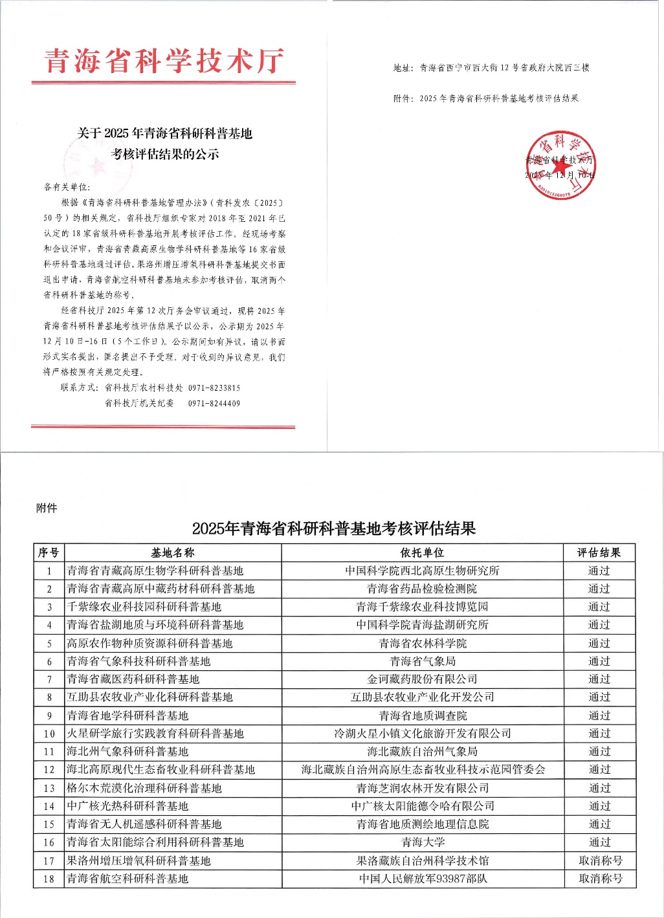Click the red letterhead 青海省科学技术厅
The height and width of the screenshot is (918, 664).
(164, 61)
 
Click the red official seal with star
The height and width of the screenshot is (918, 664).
(560, 165)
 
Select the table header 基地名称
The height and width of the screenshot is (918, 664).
(172, 552)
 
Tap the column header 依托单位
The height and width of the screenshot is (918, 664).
(422, 552)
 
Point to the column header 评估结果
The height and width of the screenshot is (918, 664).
(599, 552)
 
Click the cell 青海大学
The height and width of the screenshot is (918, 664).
(423, 842)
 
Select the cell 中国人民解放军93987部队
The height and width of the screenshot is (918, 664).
(423, 879)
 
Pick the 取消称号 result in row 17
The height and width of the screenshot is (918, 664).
(600, 860)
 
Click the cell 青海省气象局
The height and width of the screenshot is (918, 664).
(423, 661)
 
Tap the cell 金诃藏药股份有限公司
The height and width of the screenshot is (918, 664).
(423, 679)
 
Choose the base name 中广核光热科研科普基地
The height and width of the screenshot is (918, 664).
(127, 806)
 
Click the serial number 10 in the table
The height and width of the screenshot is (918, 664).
(49, 734)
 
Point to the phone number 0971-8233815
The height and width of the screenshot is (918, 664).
(214, 388)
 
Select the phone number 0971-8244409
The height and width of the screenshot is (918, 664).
(214, 404)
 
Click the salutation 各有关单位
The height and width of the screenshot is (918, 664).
(66, 187)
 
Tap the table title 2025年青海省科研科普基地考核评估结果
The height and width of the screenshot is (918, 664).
(334, 529)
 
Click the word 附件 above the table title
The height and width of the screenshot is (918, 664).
(47, 508)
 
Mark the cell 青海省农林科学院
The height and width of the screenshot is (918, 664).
(423, 643)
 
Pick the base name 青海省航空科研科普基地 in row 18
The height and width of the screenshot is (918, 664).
(127, 879)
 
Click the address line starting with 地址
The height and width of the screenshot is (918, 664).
(491, 67)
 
